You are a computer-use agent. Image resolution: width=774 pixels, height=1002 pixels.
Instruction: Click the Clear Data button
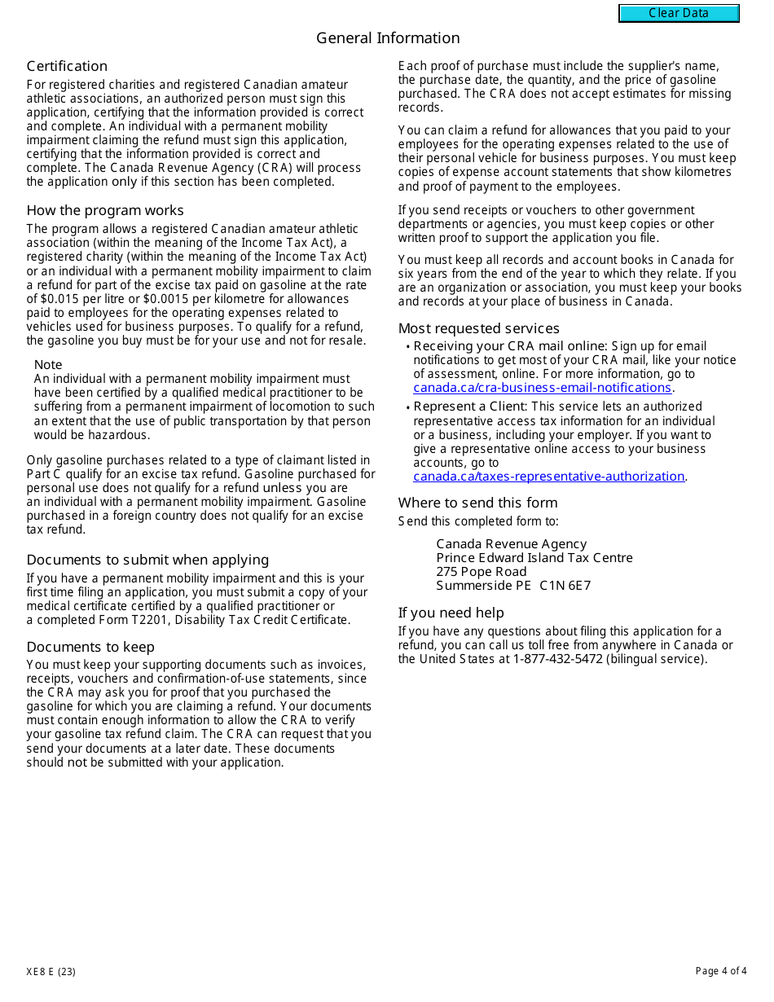[x=679, y=13]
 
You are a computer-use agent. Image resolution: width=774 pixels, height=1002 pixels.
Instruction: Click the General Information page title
[x=388, y=38]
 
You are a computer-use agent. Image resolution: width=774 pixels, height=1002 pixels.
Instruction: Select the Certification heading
[x=67, y=66]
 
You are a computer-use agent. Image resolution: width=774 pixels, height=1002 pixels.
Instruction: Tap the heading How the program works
[x=105, y=210]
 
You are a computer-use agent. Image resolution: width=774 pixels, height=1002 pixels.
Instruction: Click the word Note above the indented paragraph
[x=48, y=365]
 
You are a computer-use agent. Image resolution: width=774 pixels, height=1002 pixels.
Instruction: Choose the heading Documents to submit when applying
[x=147, y=560]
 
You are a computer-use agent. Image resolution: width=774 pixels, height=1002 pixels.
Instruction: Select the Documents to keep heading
[x=90, y=647]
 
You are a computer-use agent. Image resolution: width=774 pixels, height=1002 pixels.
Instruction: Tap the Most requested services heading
[x=479, y=328]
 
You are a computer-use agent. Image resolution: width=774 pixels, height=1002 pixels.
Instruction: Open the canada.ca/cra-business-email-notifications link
[x=542, y=388]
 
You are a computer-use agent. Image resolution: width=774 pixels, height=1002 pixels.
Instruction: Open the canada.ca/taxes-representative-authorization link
[x=548, y=477]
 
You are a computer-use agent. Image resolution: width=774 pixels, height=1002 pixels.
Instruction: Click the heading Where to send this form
[x=477, y=503]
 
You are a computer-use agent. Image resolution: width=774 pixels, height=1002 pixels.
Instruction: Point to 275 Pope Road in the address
[x=482, y=572]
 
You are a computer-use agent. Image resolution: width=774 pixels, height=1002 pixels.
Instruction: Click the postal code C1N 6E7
[x=565, y=586]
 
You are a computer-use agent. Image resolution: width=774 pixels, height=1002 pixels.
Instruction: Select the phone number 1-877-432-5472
[x=557, y=659]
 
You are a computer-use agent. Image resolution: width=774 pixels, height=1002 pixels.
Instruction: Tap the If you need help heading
[x=451, y=613]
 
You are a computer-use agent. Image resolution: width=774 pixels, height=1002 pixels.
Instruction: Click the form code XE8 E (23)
[x=51, y=971]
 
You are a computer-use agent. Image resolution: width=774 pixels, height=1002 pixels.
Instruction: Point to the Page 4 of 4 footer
[x=720, y=971]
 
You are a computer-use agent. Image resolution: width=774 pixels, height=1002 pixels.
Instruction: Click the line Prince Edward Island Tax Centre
[x=534, y=558]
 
